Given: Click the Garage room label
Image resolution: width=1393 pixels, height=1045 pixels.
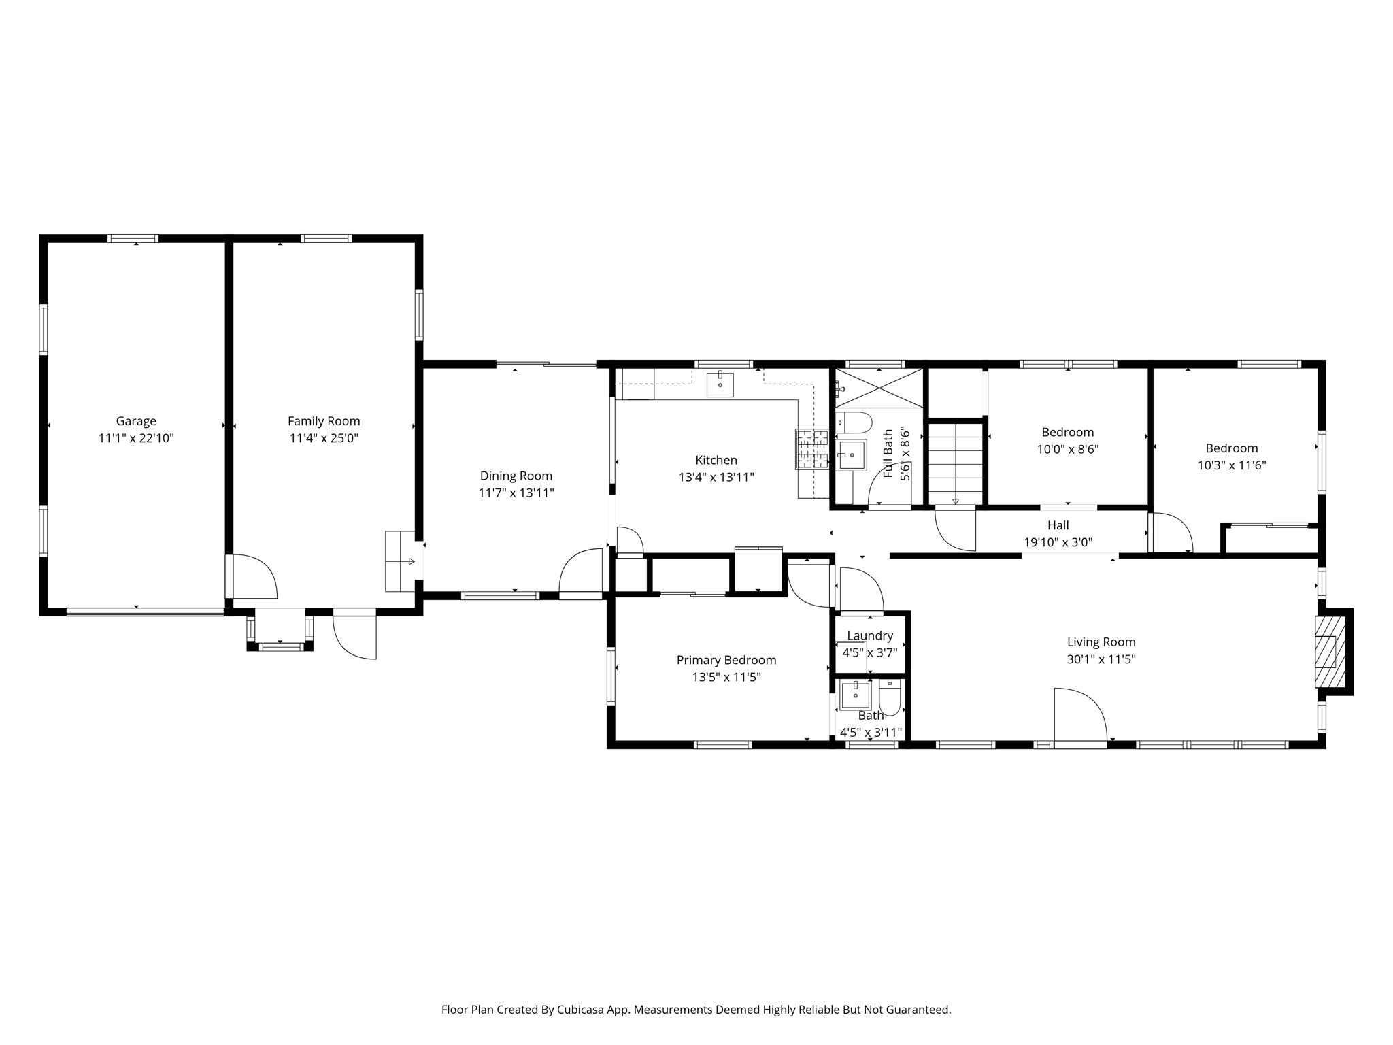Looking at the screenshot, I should click(136, 421).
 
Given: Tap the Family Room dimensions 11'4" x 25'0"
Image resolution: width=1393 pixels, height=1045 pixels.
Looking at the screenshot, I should click(324, 439).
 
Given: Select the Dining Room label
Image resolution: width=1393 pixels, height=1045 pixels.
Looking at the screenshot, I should click(516, 476).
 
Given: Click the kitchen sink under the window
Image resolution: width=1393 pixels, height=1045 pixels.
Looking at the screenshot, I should click(720, 384).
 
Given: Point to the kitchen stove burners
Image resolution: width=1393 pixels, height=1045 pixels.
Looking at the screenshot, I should click(812, 449).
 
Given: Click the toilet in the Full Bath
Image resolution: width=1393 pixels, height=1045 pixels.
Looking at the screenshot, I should click(854, 423).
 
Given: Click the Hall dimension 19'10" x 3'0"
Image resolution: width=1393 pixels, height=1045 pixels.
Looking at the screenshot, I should click(1058, 543).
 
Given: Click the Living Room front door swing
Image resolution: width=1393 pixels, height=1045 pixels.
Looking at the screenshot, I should click(1080, 716).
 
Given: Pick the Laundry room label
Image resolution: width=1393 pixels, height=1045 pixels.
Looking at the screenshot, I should click(869, 635).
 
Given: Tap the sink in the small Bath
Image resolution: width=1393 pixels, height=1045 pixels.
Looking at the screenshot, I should click(855, 695).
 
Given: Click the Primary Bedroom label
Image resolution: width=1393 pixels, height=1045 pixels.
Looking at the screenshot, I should click(726, 660).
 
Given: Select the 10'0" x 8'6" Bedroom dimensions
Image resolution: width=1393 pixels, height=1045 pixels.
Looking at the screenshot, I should click(1067, 450).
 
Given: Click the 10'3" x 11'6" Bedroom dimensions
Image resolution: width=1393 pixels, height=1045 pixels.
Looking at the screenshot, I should click(1231, 466).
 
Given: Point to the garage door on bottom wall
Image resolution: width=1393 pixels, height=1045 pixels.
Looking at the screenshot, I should click(145, 612).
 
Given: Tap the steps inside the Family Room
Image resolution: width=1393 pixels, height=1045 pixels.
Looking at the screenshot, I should click(400, 561).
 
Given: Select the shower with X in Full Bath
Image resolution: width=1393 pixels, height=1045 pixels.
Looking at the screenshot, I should click(879, 388).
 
